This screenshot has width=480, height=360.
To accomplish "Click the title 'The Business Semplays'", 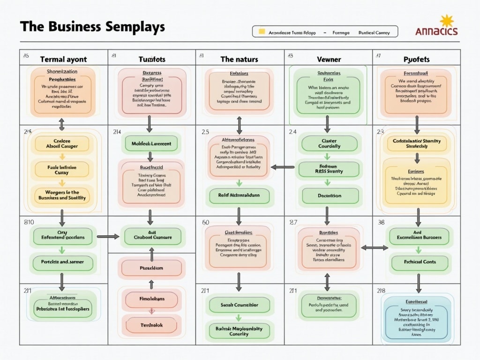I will (x=92, y=27).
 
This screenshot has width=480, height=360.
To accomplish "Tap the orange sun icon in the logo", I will (x=446, y=22).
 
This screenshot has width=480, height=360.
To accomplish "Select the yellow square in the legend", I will (x=262, y=32).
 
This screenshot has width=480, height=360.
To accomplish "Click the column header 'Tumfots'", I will (x=152, y=60).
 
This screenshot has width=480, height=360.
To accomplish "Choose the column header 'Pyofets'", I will (x=416, y=60).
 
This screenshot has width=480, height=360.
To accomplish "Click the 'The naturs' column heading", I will (x=239, y=60).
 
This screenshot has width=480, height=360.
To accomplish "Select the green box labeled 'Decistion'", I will (x=330, y=196).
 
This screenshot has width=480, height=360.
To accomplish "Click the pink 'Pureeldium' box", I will (x=151, y=268).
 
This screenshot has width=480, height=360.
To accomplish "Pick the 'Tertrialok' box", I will (x=151, y=325).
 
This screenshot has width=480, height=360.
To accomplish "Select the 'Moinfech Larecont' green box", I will (x=151, y=144).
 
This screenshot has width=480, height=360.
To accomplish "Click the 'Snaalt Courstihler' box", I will (x=240, y=305).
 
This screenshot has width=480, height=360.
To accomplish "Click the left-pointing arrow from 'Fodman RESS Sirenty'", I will (x=283, y=167).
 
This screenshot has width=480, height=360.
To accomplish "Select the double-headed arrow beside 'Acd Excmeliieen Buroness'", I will (x=374, y=247).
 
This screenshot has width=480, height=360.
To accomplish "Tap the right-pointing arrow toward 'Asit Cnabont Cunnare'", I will (x=108, y=236).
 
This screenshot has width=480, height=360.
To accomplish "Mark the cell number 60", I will (x=205, y=222).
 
